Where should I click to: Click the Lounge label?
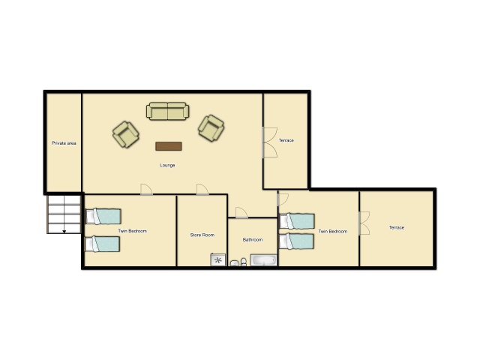pos(167,165)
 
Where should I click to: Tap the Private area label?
pos(64,143)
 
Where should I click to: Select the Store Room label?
pos(202,235)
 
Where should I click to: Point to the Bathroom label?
pos(253,240)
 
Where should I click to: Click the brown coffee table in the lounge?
pos(169,146)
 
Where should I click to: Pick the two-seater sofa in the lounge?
pos(168,111)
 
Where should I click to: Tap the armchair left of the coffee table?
pos(126,134)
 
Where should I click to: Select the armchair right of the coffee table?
pos(211,128)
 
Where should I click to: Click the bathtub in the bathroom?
pos(263,260)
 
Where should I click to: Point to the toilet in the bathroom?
pos(244,262)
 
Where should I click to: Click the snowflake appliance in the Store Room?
pos(218,260)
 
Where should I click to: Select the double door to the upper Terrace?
pos(270,142)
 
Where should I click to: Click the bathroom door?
pos(241,213)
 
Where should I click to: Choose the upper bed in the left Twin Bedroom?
pos(103,217)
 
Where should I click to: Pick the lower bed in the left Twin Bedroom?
pos(102,244)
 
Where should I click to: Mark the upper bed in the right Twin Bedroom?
pos(297,221)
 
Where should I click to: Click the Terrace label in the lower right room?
pos(397,227)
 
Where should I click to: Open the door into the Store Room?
pos(202,190)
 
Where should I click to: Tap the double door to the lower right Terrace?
pos(364,223)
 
